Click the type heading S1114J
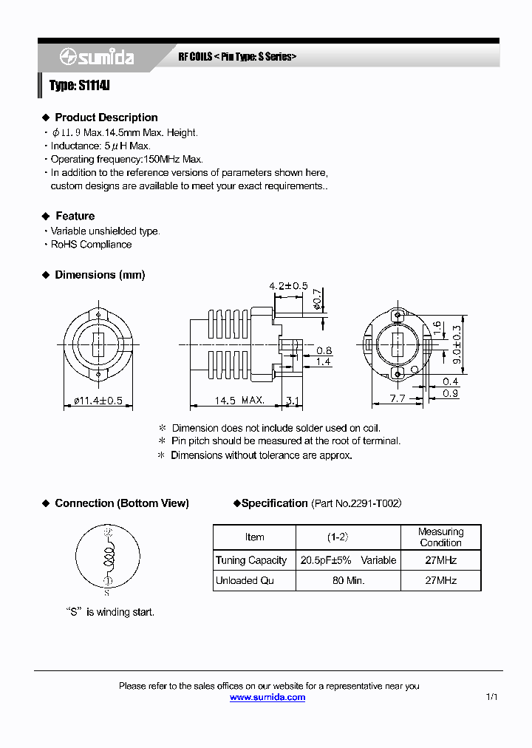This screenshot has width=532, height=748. pos(79,86)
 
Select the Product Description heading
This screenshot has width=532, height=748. pos(106,118)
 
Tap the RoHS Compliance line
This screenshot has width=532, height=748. pos(91,245)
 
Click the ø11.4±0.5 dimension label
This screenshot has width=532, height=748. pos(98,401)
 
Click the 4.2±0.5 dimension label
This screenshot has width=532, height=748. pos(288,286)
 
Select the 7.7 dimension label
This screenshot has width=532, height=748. pos(397,398)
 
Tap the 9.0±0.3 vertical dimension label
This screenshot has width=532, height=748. pos(457,341)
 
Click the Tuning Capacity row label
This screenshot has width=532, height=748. pos(251,560)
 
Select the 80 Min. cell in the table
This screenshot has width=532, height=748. pos(348,580)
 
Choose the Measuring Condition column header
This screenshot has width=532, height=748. pos(440,537)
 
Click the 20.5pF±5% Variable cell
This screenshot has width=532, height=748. pos(348,560)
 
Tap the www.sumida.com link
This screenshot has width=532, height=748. pos(267,697)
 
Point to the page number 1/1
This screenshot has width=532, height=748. pos(492,697)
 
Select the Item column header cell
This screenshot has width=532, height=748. pos(254,537)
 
